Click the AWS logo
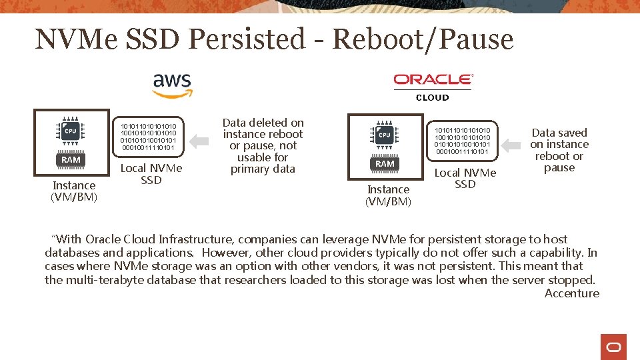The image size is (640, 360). pyautogui.click(x=172, y=85)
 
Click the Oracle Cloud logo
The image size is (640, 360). pyautogui.click(x=433, y=86)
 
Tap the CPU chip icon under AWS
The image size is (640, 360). pyautogui.click(x=70, y=131)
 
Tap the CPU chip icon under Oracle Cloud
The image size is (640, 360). pyautogui.click(x=385, y=135)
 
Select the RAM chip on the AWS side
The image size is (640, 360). pyautogui.click(x=71, y=160)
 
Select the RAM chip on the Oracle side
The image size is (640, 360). pyautogui.click(x=385, y=164)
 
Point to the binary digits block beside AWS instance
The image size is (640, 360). pyautogui.click(x=148, y=136)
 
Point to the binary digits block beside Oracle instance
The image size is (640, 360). pyautogui.click(x=462, y=140)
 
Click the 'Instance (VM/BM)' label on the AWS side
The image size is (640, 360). pyautogui.click(x=74, y=191)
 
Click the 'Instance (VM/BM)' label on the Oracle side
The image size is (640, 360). pyautogui.click(x=389, y=195)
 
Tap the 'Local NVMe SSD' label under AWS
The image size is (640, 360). pyautogui.click(x=151, y=174)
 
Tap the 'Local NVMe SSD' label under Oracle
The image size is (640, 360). pyautogui.click(x=465, y=178)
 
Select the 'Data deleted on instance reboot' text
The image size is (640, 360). pyautogui.click(x=263, y=145)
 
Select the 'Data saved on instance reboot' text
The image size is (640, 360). pyautogui.click(x=559, y=150)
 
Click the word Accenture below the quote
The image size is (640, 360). pyautogui.click(x=572, y=293)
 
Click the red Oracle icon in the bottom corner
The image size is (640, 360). pyautogui.click(x=613, y=347)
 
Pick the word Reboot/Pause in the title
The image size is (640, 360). pyautogui.click(x=423, y=39)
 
